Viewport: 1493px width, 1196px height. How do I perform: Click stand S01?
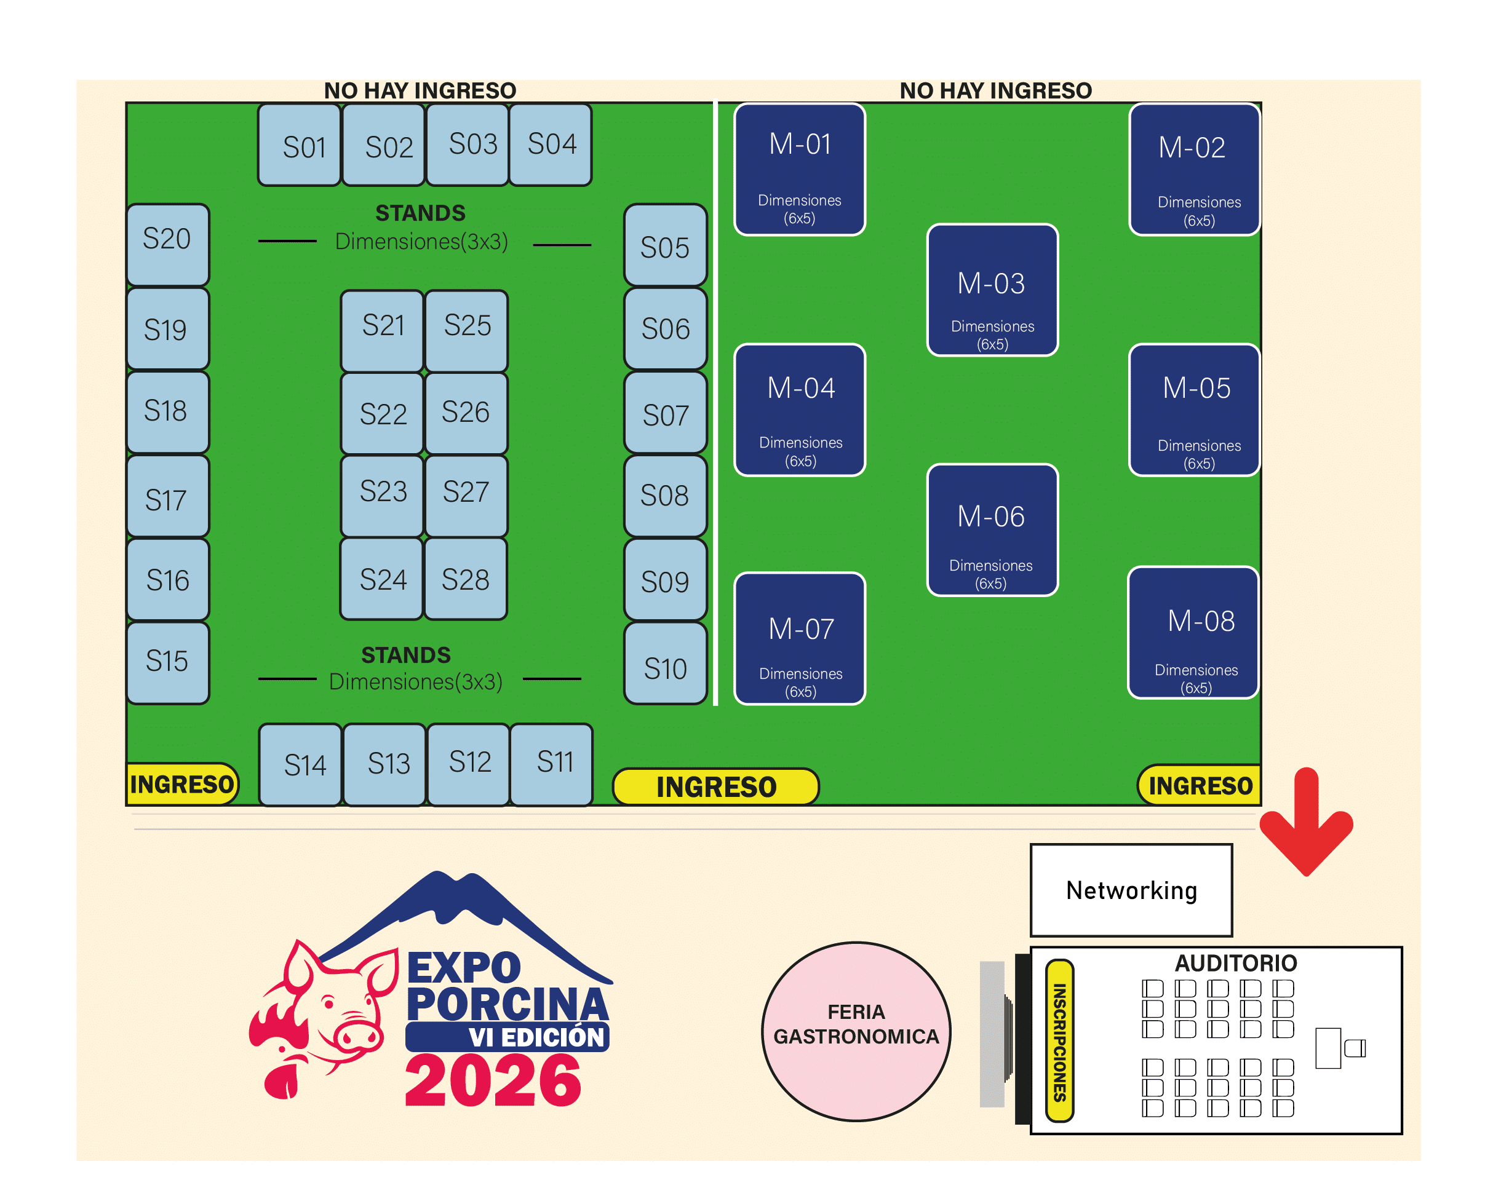tap(299, 145)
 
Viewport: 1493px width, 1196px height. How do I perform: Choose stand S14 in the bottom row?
tap(301, 764)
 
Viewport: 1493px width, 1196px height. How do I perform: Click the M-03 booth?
tap(992, 290)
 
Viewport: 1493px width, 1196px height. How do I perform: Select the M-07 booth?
tap(800, 638)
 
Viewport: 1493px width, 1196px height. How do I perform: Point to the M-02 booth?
tap(1194, 170)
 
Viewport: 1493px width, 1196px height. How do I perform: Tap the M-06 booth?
tap(992, 529)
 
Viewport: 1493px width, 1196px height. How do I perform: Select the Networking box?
tap(1131, 890)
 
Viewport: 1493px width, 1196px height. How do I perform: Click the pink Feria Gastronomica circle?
tap(856, 1031)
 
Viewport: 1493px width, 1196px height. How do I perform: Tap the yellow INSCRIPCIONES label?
tap(1059, 1040)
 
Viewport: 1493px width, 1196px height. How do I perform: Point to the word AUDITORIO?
tap(1235, 963)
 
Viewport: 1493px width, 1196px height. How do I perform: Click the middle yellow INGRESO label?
tap(716, 787)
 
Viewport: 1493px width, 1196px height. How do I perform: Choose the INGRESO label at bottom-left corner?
tap(181, 784)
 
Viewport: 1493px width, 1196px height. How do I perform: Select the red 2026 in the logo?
tap(492, 1081)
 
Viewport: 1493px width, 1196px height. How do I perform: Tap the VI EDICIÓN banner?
tap(508, 1037)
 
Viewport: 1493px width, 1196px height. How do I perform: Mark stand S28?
tap(465, 579)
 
